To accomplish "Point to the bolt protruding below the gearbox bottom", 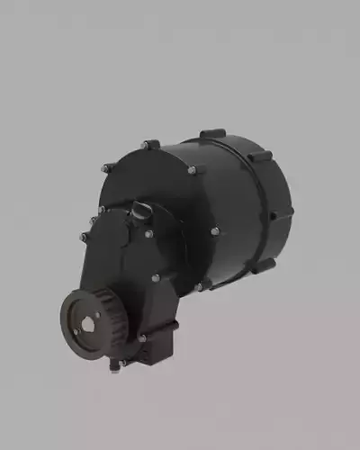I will coord(114,365).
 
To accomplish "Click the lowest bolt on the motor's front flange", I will coord(200,286).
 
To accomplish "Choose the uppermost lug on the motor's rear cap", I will coord(212,135).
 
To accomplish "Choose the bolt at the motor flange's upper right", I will coord(192,170).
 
